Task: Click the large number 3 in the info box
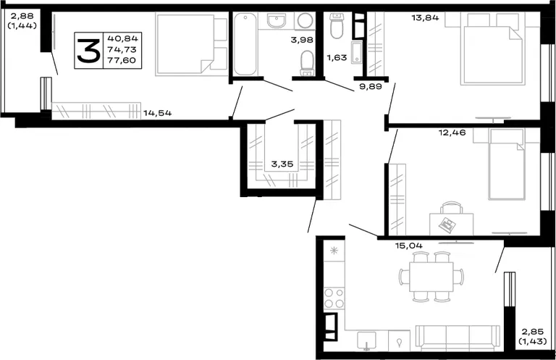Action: coord(88,51)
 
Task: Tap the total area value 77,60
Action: coord(122,60)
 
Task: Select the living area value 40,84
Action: coord(122,38)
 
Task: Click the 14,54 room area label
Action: coord(157,113)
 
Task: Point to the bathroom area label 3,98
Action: coord(302,40)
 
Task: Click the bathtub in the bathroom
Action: coord(245,44)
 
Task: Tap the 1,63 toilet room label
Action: coord(337,57)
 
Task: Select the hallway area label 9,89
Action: coord(371,86)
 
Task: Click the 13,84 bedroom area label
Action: coord(425,17)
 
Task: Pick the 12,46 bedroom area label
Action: coord(452,133)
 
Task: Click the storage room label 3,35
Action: coord(282,164)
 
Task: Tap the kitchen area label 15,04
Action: coord(409,246)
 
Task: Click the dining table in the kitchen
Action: coord(431,277)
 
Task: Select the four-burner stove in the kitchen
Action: coord(334,298)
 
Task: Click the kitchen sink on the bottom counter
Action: coord(366,340)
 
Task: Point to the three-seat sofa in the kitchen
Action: coord(458,338)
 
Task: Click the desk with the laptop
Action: coord(452,224)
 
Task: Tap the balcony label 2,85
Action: coord(532,332)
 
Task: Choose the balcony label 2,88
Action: coord(22,16)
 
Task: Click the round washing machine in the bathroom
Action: coord(305,20)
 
